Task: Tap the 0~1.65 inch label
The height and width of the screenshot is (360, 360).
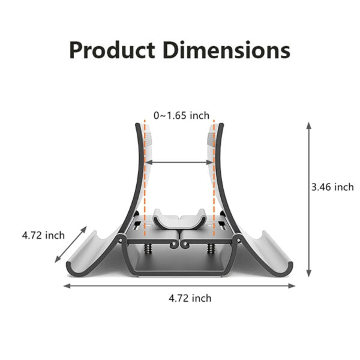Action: (x=181, y=115)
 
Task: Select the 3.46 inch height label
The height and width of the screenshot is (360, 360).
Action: (x=332, y=187)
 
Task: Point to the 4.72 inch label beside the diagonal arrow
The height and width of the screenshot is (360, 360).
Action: (x=43, y=235)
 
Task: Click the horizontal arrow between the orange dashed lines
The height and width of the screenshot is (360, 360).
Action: (x=179, y=162)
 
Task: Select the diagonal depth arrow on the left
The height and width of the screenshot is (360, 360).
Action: (x=71, y=246)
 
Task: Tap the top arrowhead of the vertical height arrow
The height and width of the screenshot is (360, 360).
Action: (x=308, y=125)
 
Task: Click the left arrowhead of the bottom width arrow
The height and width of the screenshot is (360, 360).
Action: (x=66, y=286)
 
